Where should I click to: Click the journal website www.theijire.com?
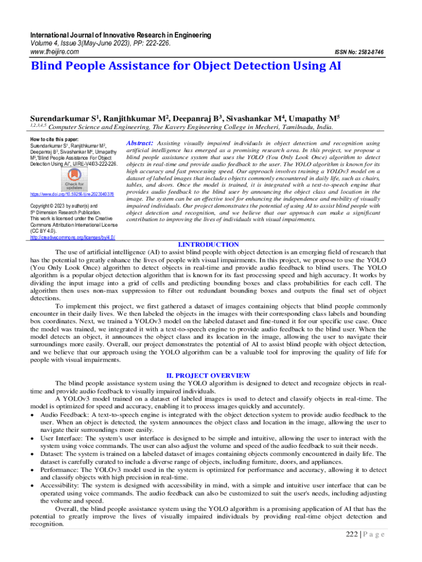coord(53,52)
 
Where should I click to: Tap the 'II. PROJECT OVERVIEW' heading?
coord(209,375)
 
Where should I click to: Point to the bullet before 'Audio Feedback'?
coord(33,415)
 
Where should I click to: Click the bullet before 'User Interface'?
coord(33,439)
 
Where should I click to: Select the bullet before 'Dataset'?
coord(33,454)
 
